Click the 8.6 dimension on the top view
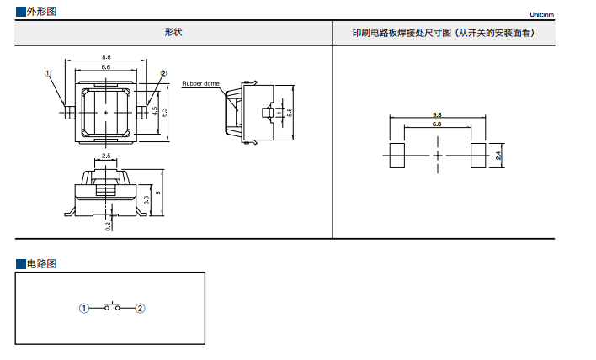coord(106,56)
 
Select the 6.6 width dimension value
coord(106,66)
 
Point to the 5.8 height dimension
coord(289,111)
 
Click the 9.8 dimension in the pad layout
coord(437,114)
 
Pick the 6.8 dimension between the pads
coord(437,124)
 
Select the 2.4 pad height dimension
coord(498,156)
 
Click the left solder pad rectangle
coord(395,156)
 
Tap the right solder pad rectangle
coord(478,156)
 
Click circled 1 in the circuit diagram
coord(84,309)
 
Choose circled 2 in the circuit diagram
coord(141,309)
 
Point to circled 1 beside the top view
coord(48,74)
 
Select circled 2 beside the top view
coord(163,74)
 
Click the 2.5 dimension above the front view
coord(106,156)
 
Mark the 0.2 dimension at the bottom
coord(109,225)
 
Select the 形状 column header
coord(173,33)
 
